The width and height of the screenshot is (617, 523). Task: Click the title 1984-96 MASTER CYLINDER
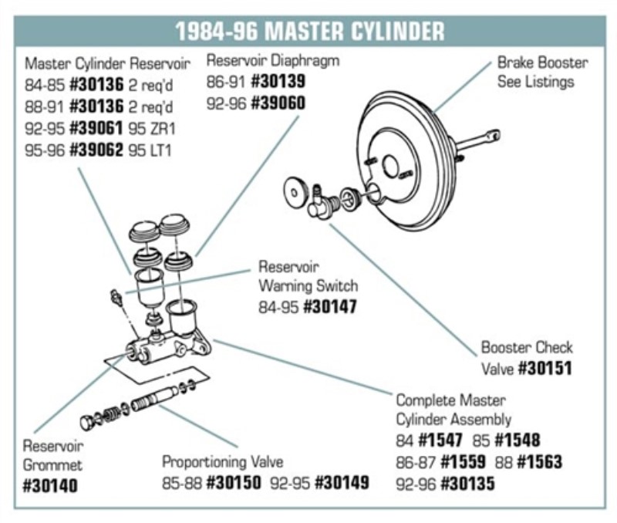click(x=308, y=31)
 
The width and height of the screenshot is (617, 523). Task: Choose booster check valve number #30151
click(x=545, y=368)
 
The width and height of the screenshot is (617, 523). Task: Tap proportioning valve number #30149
click(x=341, y=483)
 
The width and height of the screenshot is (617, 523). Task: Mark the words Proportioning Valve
click(x=222, y=461)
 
